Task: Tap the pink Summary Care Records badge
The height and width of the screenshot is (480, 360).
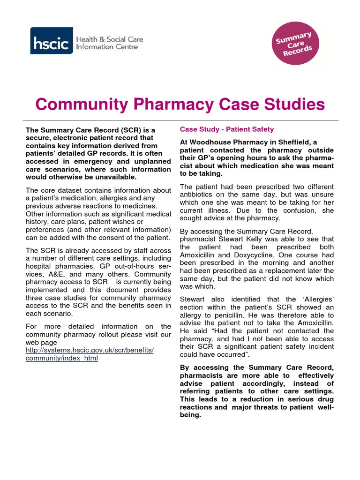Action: pos(294,44)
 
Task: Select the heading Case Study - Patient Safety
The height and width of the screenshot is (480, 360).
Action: pos(227,129)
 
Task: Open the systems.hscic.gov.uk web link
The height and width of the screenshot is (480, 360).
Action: pos(90,350)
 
